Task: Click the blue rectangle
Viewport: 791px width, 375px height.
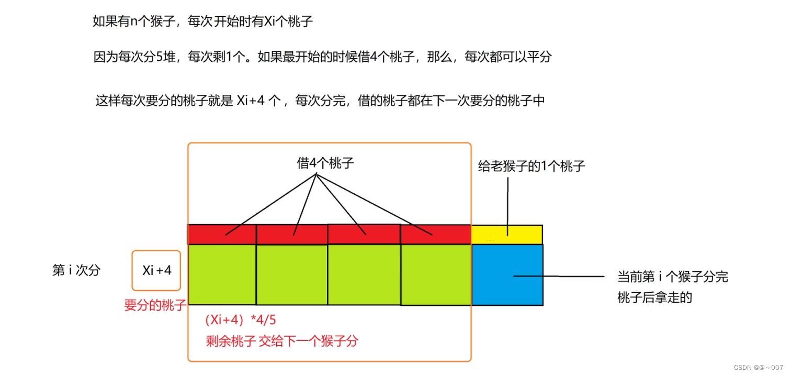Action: pyautogui.click(x=507, y=274)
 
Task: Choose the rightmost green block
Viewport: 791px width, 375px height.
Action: pyautogui.click(x=436, y=274)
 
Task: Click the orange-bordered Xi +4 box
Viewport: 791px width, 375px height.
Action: pyautogui.click(x=156, y=270)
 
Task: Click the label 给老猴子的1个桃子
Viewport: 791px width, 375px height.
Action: pyautogui.click(x=532, y=167)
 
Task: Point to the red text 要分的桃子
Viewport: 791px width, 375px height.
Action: pyautogui.click(x=155, y=305)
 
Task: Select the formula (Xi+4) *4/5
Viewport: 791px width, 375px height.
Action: pyautogui.click(x=241, y=320)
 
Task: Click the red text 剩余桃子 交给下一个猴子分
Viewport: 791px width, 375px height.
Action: pyautogui.click(x=282, y=341)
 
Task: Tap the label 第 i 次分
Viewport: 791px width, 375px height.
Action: pyautogui.click(x=76, y=270)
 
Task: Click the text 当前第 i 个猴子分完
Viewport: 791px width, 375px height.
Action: pyautogui.click(x=672, y=277)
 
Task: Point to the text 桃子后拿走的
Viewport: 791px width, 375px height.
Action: pyautogui.click(x=654, y=297)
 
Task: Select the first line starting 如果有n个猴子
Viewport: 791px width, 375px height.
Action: pyautogui.click(x=202, y=21)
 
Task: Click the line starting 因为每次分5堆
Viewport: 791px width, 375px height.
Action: pyautogui.click(x=322, y=57)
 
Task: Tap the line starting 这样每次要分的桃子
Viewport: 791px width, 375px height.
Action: pyautogui.click(x=320, y=101)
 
